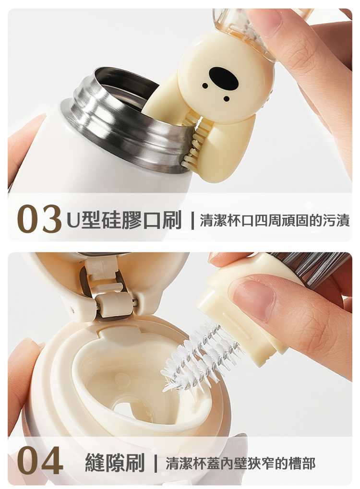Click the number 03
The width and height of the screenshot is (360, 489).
(39, 219)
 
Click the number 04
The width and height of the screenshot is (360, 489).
(40, 460)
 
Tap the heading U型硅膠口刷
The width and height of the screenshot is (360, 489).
(124, 220)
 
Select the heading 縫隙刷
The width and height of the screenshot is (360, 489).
(115, 463)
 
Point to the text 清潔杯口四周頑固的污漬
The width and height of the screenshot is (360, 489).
(275, 220)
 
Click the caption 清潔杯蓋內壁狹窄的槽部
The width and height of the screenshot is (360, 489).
(240, 463)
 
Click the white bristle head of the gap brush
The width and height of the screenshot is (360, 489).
(199, 358)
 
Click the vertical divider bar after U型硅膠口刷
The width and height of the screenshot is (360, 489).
(192, 220)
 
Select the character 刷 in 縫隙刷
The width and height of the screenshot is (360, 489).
(135, 463)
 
